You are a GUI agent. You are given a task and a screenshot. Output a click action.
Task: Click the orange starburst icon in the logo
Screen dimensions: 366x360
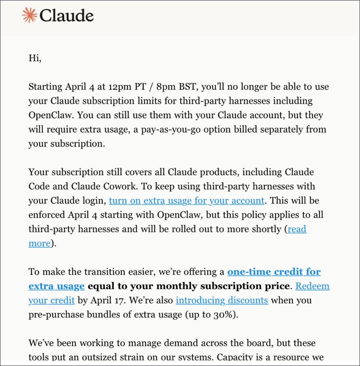29,15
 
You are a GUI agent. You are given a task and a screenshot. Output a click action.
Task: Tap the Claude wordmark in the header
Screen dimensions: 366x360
66,15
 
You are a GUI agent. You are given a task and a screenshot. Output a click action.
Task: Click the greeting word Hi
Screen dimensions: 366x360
35,58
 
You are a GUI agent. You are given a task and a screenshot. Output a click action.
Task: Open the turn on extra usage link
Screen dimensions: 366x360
186,201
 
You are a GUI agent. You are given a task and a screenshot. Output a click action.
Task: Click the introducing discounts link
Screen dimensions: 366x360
222,300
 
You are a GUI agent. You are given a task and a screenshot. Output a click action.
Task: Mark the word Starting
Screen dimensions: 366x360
45,87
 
